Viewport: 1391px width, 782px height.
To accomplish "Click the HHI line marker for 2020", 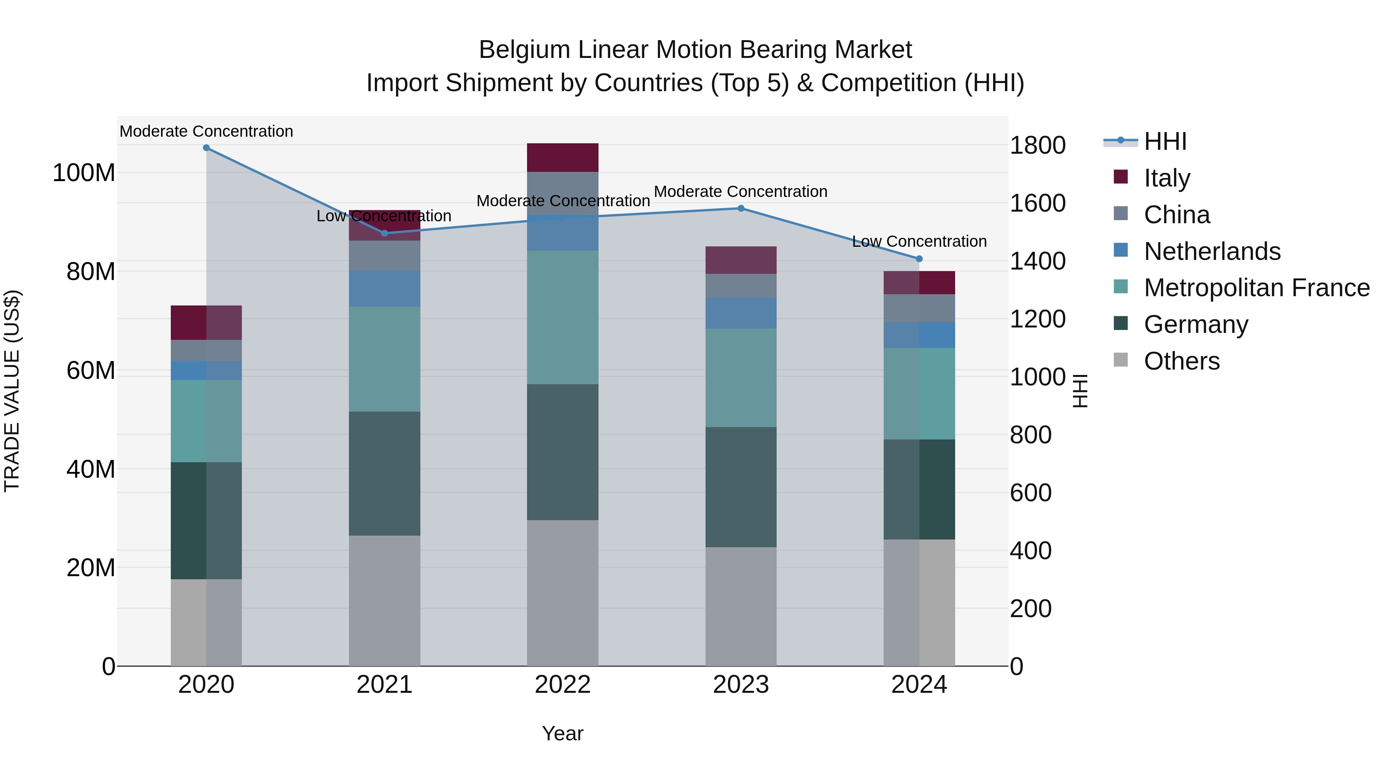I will pyautogui.click(x=206, y=148).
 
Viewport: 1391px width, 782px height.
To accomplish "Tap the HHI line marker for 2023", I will pyautogui.click(x=741, y=208).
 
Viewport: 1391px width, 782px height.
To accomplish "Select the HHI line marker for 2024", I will pyautogui.click(x=920, y=259).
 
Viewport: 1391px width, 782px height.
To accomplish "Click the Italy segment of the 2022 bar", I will pyautogui.click(x=563, y=158).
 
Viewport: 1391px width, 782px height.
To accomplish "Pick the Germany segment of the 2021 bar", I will pyautogui.click(x=384, y=473).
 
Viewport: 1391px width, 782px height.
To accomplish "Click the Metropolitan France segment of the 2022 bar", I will pyautogui.click(x=563, y=317).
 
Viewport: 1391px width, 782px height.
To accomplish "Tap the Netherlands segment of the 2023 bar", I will pyautogui.click(x=741, y=313).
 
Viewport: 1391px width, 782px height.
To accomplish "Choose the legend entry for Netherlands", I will pyautogui.click(x=1212, y=251).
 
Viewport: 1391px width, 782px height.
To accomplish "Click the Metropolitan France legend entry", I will pyautogui.click(x=1256, y=288).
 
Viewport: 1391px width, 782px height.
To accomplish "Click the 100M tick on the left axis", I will pyautogui.click(x=84, y=173).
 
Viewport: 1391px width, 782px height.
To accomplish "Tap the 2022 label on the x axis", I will pyautogui.click(x=563, y=685).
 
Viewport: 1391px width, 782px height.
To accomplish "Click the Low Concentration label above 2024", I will pyautogui.click(x=919, y=241).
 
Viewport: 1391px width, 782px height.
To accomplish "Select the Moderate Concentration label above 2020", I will pyautogui.click(x=206, y=131).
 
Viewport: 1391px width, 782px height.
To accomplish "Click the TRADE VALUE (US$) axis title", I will pyautogui.click(x=12, y=391).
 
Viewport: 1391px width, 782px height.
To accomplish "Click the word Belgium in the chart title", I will pyautogui.click(x=524, y=50).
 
